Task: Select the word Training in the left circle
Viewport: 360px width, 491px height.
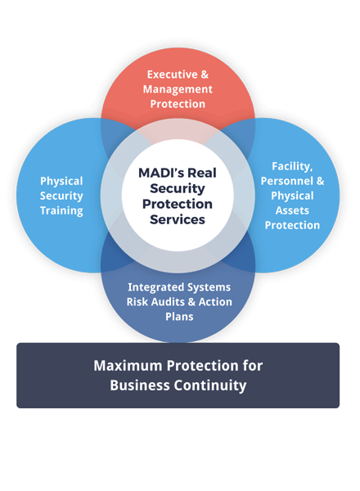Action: tap(62, 210)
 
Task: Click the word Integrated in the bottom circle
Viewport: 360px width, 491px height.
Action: tap(156, 287)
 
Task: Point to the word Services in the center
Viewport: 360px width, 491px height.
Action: tap(178, 219)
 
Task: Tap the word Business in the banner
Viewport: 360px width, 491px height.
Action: tap(138, 385)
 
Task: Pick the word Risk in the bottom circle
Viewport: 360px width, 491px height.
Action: tap(137, 302)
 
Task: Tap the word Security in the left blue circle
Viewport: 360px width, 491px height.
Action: tap(62, 196)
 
